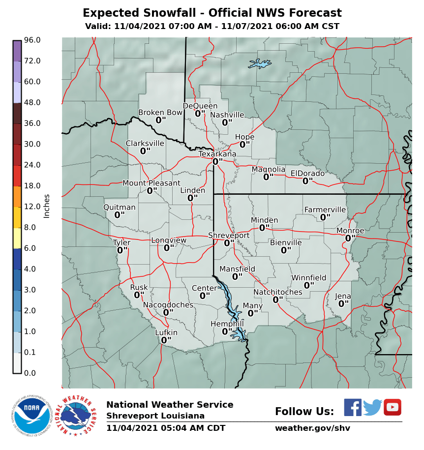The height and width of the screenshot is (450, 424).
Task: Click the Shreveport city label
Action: click(229, 236)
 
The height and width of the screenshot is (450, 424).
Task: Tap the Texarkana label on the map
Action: click(217, 154)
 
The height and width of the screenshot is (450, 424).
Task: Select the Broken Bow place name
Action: click(160, 113)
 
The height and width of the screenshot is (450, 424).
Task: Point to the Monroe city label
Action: click(350, 231)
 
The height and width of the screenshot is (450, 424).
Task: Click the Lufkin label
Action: click(166, 332)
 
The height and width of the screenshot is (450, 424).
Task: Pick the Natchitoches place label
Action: click(278, 292)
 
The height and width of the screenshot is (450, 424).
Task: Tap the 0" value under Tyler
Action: click(122, 250)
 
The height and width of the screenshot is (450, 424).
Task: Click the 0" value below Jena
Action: click(343, 304)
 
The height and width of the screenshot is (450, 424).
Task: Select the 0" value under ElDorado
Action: click(307, 181)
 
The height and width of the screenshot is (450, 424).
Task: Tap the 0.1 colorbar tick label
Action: click(30, 352)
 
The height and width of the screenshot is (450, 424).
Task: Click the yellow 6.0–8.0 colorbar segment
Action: click(17, 238)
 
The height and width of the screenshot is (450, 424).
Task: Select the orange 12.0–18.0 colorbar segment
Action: click(17, 196)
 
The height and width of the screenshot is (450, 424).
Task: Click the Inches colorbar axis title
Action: click(47, 206)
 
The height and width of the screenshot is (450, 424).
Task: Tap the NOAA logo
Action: click(31, 416)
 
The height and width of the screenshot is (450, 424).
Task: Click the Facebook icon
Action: click(352, 408)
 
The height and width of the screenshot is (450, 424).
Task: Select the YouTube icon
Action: click(393, 407)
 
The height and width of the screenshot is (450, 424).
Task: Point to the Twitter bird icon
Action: click(372, 408)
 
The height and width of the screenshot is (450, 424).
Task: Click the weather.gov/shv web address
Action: click(312, 428)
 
